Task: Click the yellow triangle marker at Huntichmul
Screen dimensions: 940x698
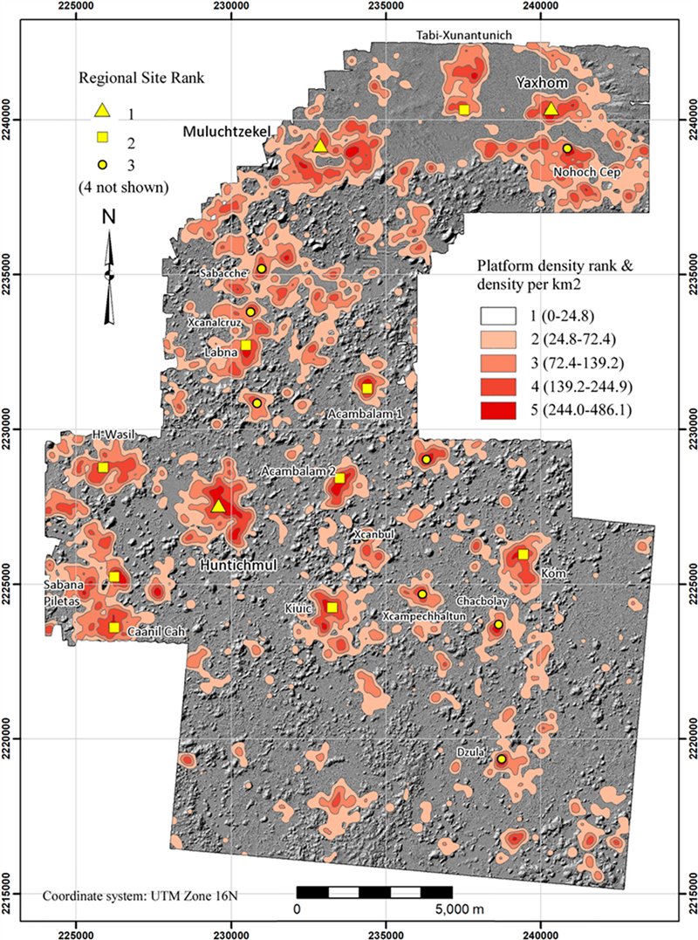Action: [x=218, y=506]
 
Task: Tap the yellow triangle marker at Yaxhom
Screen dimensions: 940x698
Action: [x=550, y=109]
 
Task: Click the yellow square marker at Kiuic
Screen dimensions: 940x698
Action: [x=331, y=607]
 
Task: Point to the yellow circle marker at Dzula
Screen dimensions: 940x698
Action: [x=502, y=759]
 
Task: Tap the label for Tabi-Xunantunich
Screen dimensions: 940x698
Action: [x=475, y=34]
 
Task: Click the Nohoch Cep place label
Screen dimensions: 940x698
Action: [x=586, y=172]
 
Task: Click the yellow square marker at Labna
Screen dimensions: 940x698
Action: [x=246, y=346]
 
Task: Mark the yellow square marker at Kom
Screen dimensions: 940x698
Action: [x=523, y=554]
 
